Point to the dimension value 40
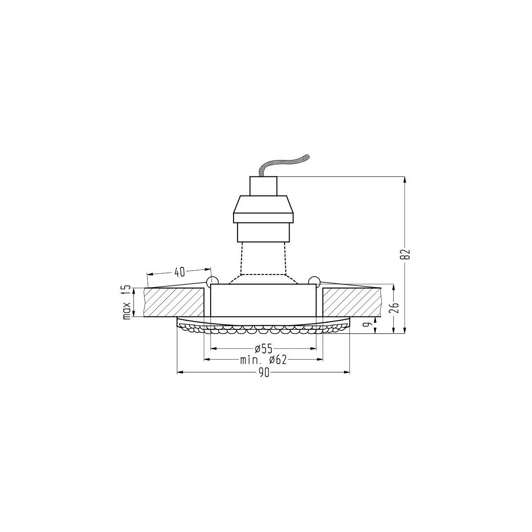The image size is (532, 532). coord(179,270)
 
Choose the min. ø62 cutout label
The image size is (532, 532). coord(263,360)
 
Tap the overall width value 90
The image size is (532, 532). coord(263,373)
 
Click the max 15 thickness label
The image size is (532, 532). coord(127,302)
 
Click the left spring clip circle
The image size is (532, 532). coord(212,281)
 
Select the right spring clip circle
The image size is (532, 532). coord(314,281)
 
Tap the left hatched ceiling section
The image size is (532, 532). coord(174,302)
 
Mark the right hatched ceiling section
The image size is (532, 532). coord(352,302)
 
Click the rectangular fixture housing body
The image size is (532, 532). coord(263,300)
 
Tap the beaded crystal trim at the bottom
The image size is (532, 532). coord(263,329)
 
